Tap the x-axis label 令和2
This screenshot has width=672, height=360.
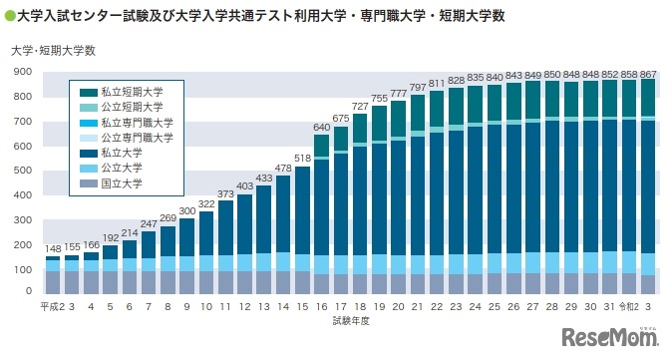[629, 308]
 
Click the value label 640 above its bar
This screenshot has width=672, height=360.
[321, 127]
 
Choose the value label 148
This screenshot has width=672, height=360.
[53, 248]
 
